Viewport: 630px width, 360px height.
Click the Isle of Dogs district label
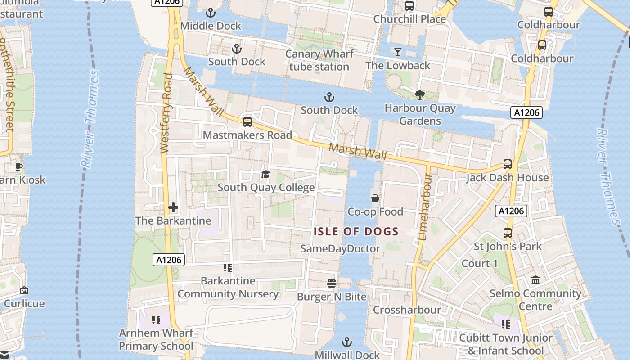(x=356, y=232)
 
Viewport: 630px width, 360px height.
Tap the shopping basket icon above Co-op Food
(x=375, y=198)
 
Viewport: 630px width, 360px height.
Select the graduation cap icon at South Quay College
(x=265, y=174)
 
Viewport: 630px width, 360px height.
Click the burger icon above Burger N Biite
(x=332, y=283)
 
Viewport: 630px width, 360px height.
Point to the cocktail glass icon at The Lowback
(x=397, y=52)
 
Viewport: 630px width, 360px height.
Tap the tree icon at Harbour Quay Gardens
(x=420, y=94)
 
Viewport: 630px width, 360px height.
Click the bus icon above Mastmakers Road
(x=247, y=121)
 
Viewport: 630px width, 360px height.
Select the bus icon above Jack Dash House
(x=508, y=164)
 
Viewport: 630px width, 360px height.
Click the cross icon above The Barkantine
(x=173, y=207)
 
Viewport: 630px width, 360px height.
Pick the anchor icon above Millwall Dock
(x=346, y=342)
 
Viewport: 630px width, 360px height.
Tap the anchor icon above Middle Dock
(x=210, y=13)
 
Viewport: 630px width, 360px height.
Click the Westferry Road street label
(x=166, y=113)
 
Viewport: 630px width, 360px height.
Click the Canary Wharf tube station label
(x=319, y=60)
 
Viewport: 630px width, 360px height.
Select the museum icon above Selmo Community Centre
(x=535, y=280)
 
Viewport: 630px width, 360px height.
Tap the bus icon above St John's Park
(x=508, y=233)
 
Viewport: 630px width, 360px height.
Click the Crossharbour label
(x=407, y=310)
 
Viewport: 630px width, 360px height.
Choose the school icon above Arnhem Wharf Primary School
(x=156, y=320)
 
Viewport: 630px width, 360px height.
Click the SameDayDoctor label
(x=340, y=248)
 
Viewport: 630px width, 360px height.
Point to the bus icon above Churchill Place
(x=409, y=6)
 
